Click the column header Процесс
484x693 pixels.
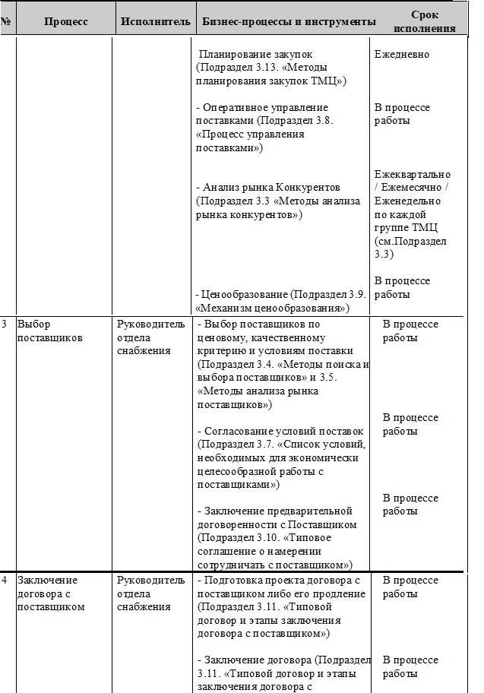[x=65, y=22]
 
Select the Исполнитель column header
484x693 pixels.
[x=155, y=22]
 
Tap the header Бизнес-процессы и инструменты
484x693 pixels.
[x=289, y=22]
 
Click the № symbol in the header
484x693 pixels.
[x=6, y=22]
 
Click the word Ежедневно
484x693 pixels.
[x=402, y=55]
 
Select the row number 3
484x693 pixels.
[x=5, y=324]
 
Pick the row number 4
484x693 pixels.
[x=5, y=581]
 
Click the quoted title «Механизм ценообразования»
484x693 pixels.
[x=271, y=308]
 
